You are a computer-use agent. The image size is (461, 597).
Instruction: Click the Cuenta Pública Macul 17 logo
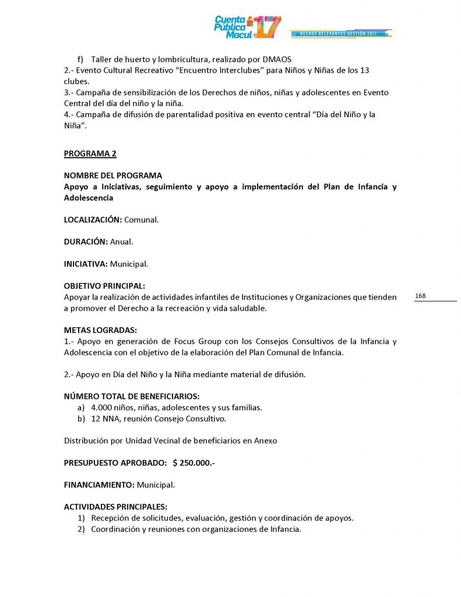(x=247, y=27)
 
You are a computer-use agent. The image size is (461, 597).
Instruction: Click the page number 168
(x=420, y=296)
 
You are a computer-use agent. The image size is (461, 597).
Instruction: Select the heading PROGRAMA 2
(x=90, y=153)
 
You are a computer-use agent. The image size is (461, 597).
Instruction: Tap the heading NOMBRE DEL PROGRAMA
(x=113, y=175)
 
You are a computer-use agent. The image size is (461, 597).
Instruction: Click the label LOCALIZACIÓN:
(x=93, y=220)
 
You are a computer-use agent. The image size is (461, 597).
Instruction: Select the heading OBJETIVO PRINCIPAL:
(x=104, y=286)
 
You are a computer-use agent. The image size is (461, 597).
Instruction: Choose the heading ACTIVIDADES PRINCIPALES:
(x=115, y=507)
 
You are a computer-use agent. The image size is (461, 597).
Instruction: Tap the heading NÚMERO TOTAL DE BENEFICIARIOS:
(x=132, y=396)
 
